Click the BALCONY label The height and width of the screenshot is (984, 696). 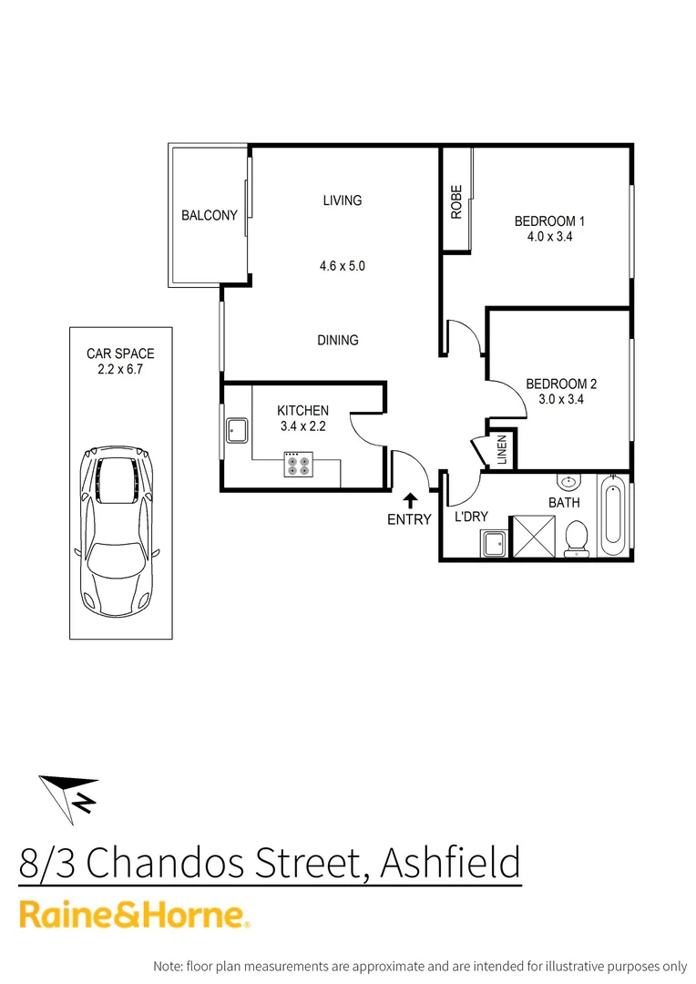[x=209, y=216]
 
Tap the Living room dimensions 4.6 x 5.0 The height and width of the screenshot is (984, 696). [x=342, y=267]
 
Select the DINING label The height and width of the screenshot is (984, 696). [x=337, y=340]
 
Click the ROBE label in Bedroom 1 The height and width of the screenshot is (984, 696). [x=456, y=202]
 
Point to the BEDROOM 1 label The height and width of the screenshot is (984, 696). [x=549, y=220]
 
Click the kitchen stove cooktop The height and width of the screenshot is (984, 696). [x=297, y=464]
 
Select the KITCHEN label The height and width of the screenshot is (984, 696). [x=302, y=411]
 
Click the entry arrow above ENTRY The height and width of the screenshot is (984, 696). [x=410, y=499]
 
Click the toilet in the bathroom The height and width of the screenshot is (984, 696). [x=576, y=538]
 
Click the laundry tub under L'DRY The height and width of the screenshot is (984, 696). [x=496, y=544]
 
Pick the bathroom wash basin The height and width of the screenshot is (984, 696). [x=567, y=482]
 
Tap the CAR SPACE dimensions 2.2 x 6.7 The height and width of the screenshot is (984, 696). [x=120, y=369]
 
